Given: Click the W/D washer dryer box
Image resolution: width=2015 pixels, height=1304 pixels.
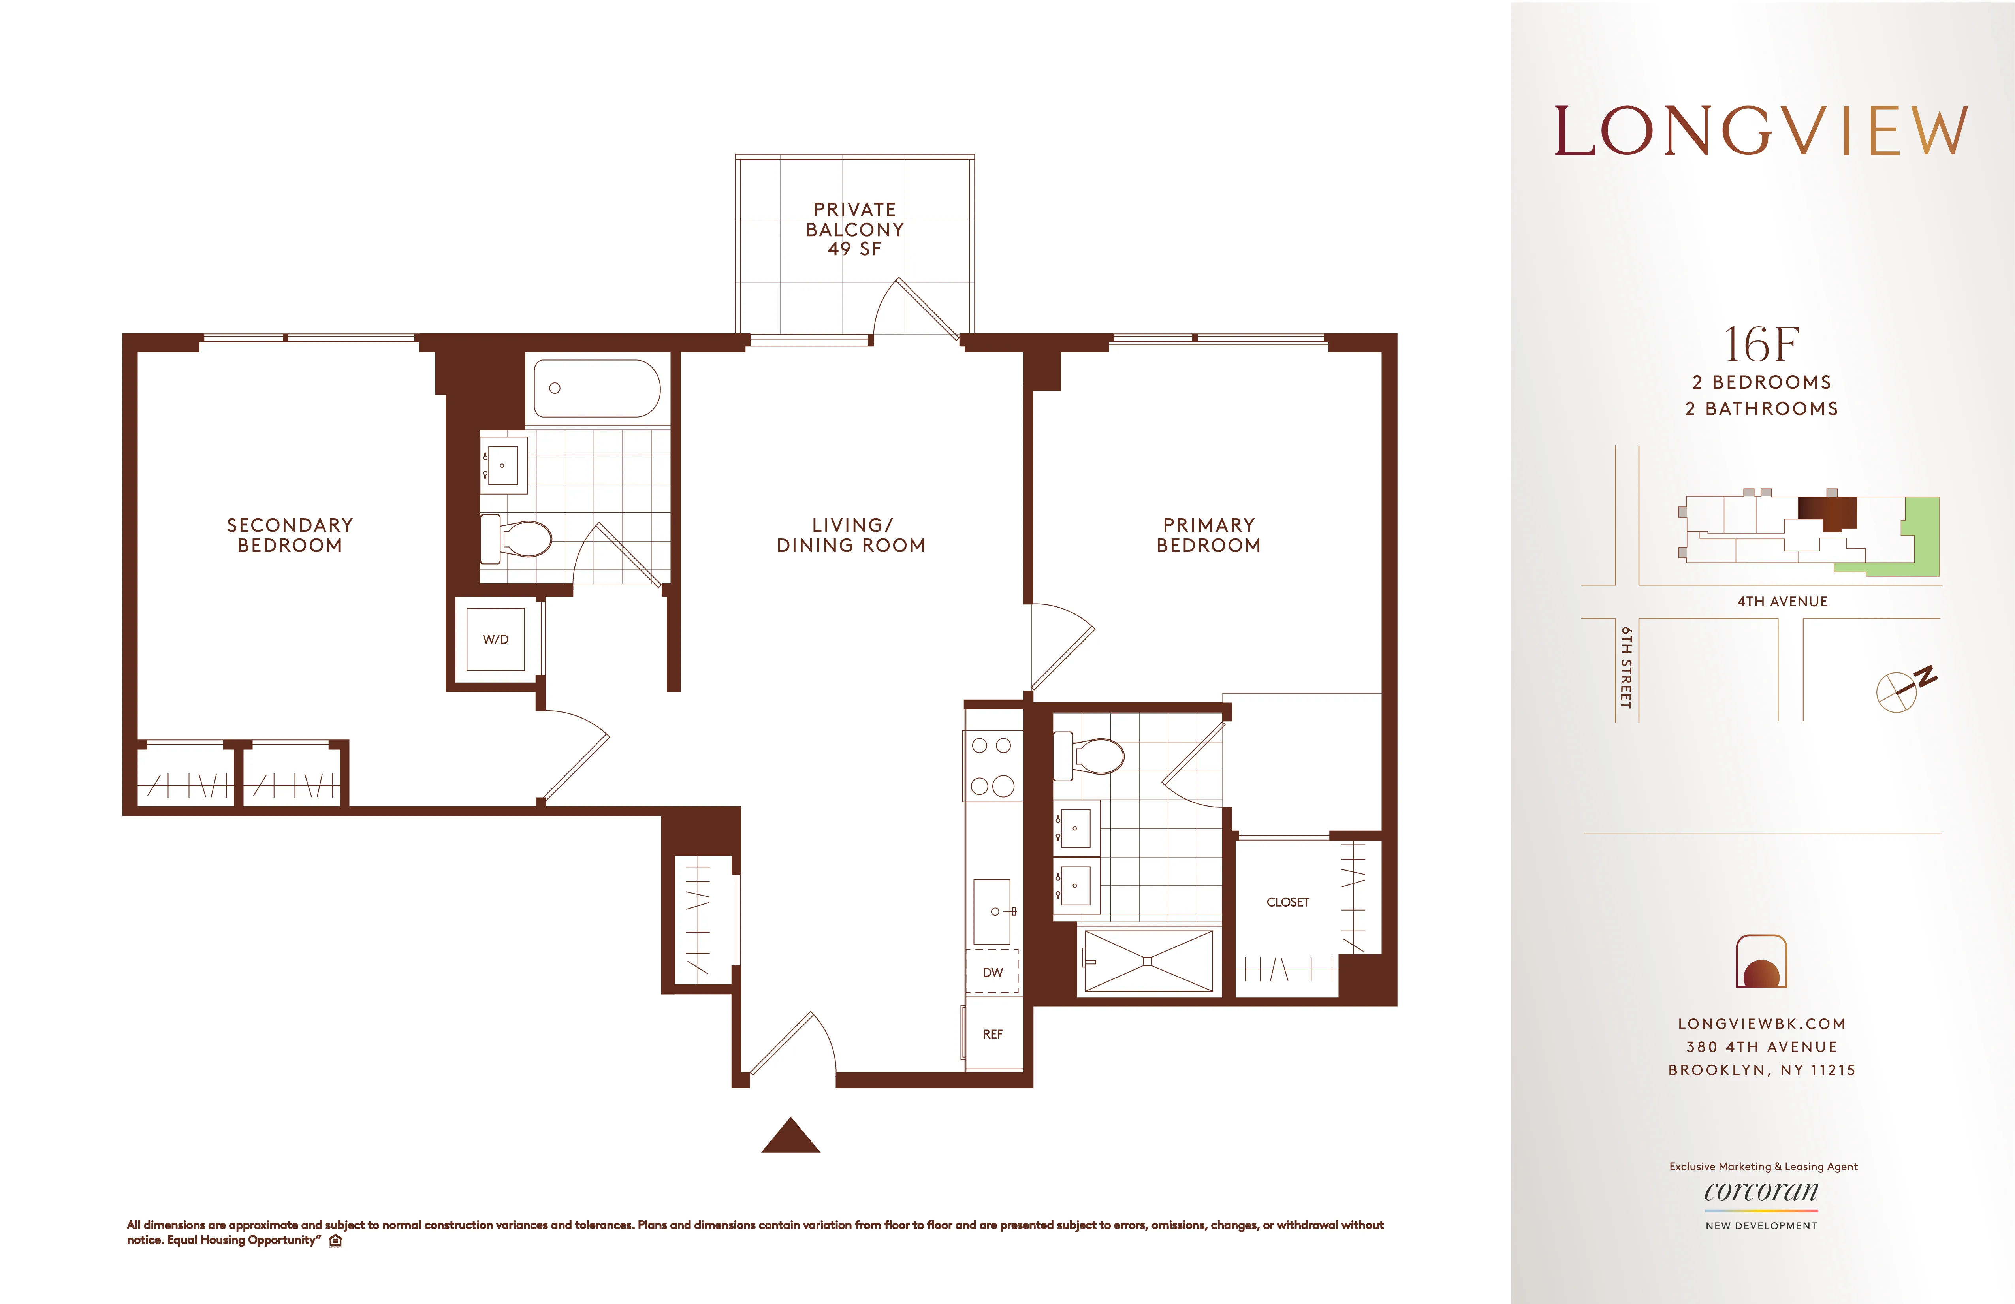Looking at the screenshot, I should [x=495, y=639].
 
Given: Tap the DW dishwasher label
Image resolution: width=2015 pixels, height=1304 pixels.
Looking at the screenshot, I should [x=992, y=972].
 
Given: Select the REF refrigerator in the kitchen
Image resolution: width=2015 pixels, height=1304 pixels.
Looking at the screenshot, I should [x=992, y=1034].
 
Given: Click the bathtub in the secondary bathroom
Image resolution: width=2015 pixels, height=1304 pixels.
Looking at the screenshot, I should [x=597, y=389].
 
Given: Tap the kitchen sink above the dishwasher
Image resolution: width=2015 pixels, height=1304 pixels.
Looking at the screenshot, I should [x=992, y=911].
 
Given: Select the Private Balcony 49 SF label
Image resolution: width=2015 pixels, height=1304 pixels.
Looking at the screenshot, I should [x=854, y=229].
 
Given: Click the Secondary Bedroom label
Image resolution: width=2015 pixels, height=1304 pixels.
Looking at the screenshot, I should [x=290, y=535].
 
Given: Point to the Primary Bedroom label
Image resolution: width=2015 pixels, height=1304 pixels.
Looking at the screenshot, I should [x=1208, y=535].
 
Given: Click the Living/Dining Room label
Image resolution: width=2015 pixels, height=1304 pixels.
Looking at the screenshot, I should [x=851, y=535].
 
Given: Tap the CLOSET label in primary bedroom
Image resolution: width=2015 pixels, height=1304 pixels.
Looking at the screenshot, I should [x=1287, y=902].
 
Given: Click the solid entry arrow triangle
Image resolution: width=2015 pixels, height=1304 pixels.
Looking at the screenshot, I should [x=790, y=1137].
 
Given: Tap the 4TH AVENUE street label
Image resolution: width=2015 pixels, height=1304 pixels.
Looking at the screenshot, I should [x=1782, y=601].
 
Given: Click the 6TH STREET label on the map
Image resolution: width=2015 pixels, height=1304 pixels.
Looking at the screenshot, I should [x=1626, y=667].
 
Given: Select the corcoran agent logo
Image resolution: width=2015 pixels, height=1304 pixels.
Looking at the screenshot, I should [x=1761, y=1191].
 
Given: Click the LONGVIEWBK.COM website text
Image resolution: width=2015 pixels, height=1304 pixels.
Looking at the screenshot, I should [x=1761, y=1024].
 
